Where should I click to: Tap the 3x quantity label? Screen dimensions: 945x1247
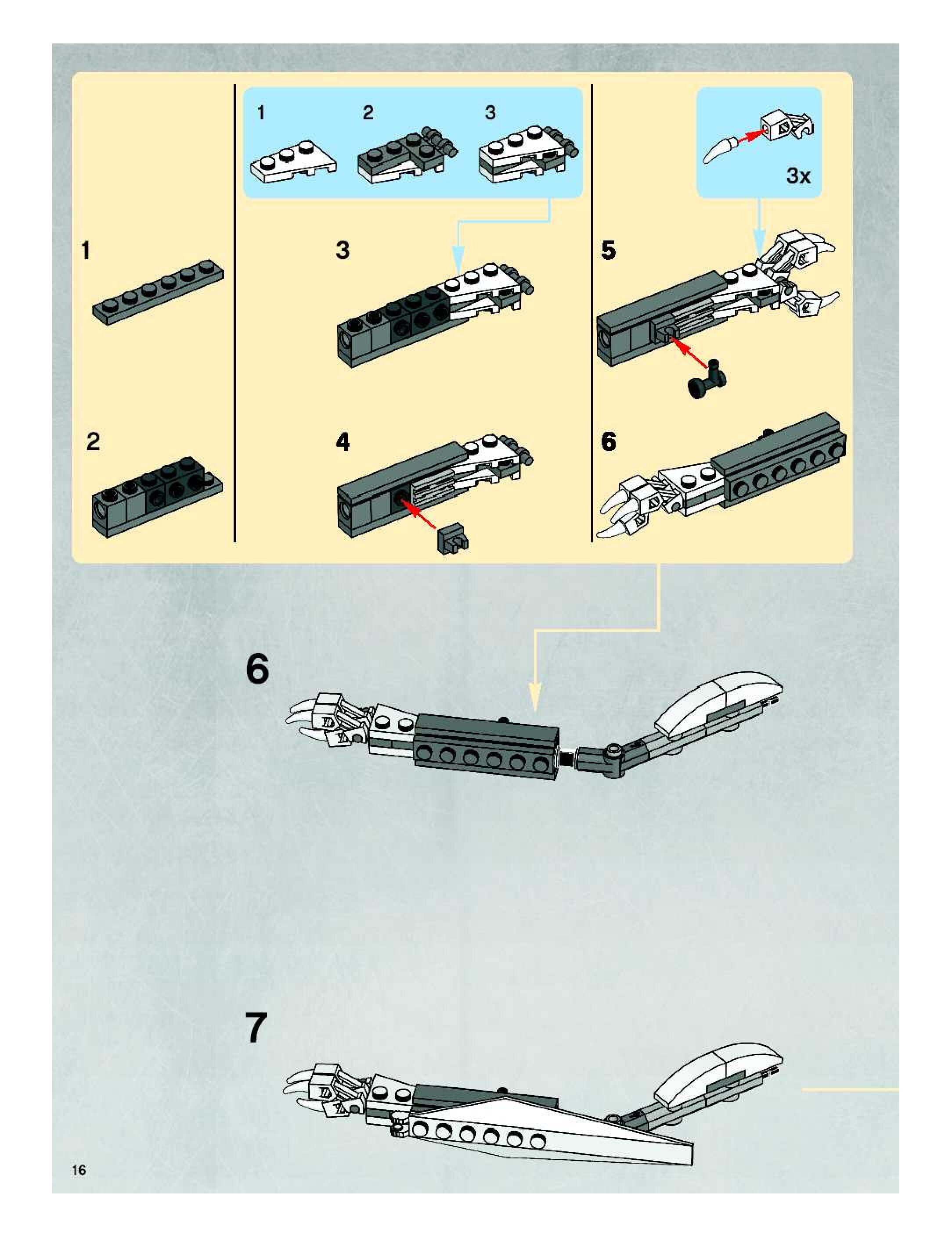[798, 176]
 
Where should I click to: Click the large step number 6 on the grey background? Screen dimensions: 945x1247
[257, 669]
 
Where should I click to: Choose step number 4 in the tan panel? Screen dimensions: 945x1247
[343, 441]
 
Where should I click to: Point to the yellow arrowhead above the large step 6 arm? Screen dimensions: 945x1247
[534, 697]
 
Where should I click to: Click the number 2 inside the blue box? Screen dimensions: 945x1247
[368, 113]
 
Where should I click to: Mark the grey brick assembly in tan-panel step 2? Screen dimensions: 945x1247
[157, 496]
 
